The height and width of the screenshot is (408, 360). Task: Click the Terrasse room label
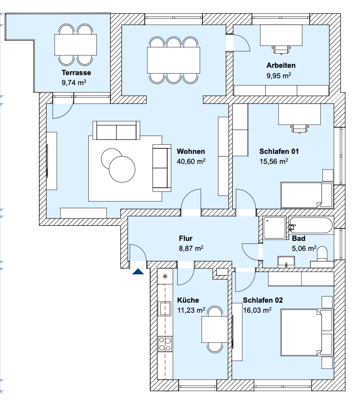(76, 72)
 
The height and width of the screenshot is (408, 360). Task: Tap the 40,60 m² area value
(191, 161)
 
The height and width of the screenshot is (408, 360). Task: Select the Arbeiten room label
(281, 65)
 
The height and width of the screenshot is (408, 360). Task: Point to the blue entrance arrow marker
(138, 272)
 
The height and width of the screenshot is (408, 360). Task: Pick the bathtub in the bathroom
(311, 226)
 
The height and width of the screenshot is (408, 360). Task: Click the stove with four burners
(165, 343)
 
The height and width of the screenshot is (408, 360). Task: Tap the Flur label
(185, 238)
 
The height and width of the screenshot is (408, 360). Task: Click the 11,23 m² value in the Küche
(190, 310)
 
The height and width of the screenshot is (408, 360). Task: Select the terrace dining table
(76, 44)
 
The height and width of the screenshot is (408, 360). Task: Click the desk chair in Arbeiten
(282, 47)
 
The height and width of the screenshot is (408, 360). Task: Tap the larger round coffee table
(122, 169)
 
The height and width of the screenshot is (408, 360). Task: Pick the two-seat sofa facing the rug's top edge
(116, 131)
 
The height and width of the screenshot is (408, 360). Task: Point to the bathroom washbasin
(287, 262)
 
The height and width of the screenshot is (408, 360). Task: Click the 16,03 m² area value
(257, 310)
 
